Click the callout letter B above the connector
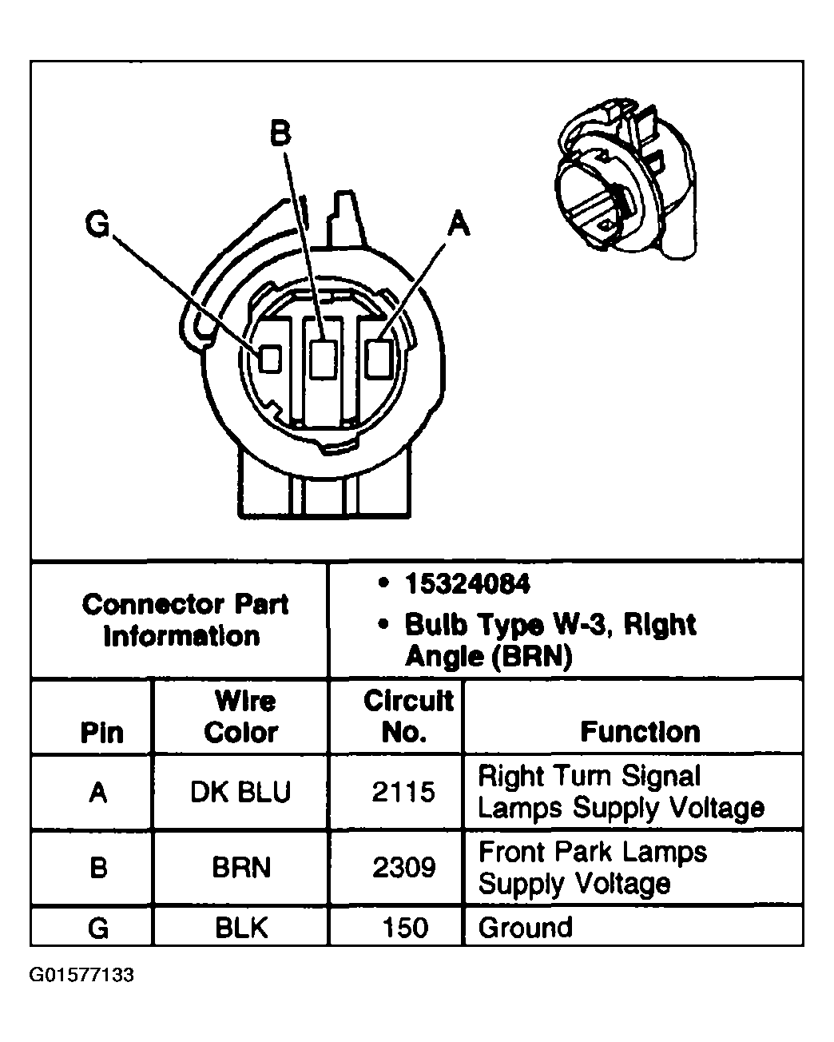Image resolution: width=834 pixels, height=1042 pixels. coord(280,133)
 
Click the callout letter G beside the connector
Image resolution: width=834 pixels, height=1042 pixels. coord(97,225)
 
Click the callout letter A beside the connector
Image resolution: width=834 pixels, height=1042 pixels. coord(458,224)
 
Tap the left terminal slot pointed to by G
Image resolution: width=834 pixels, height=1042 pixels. coord(270,359)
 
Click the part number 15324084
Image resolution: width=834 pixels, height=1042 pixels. coord(467,584)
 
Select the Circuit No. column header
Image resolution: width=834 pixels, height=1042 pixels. coord(407,717)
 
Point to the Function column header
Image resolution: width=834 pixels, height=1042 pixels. coord(640,731)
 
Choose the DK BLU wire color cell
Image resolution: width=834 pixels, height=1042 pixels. coord(240,792)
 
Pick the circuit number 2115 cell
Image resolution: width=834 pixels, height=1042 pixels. coord(403,792)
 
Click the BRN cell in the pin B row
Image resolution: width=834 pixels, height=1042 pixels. coord(240,868)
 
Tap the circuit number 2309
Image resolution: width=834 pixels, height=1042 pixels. coord(403,868)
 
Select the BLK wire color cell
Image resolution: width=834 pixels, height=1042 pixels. coord(240,928)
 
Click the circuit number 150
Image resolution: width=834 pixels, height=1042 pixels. coord(405,928)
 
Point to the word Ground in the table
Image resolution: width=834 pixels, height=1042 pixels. coord(525,928)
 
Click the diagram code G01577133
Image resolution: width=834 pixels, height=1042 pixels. coord(82,976)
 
